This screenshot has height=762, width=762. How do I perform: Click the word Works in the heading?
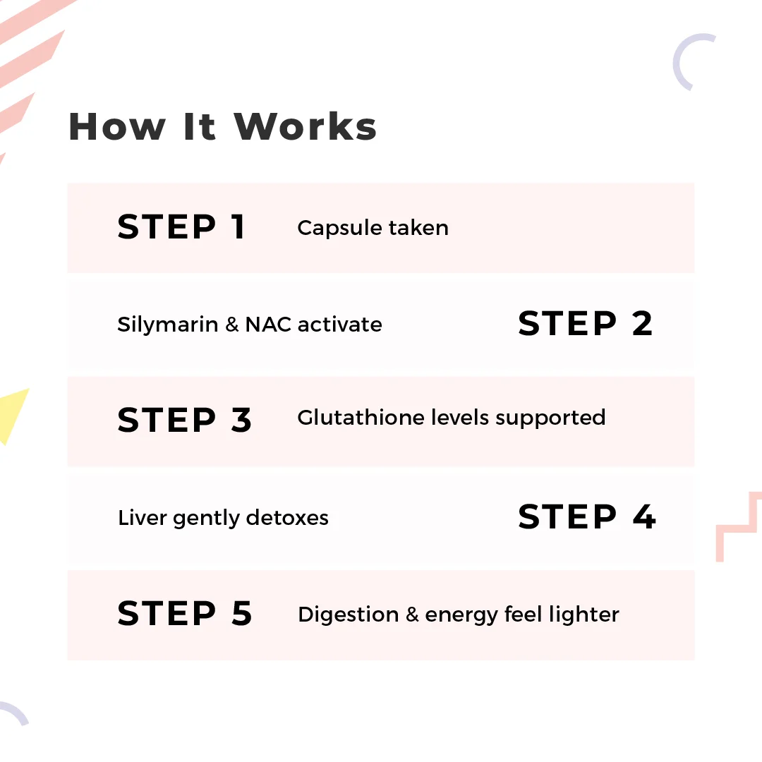(x=306, y=127)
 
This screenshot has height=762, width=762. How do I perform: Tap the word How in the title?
(x=117, y=127)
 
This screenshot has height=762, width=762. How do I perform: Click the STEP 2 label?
(x=585, y=324)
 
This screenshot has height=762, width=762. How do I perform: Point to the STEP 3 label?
(x=185, y=420)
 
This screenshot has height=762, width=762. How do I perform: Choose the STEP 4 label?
(x=587, y=516)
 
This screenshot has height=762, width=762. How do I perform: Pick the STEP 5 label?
(x=185, y=613)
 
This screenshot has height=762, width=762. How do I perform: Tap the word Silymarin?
(x=168, y=325)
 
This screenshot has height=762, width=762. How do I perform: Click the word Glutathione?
(x=361, y=418)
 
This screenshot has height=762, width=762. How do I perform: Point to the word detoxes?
(x=287, y=518)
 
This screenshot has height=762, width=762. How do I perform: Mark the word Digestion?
(x=349, y=615)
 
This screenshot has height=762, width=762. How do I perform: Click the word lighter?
(x=584, y=615)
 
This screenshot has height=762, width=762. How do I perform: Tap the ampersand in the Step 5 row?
(x=412, y=615)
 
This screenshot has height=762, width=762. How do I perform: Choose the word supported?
(x=550, y=418)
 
